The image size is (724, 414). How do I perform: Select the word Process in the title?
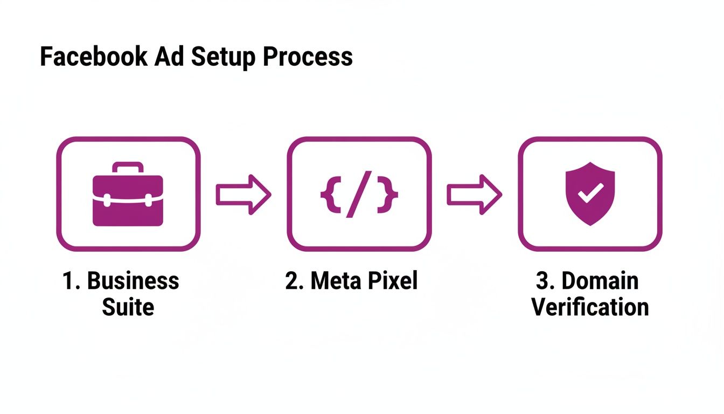[x=308, y=57]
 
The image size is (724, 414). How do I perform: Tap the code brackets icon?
[x=359, y=195]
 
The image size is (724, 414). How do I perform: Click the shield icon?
[x=590, y=194]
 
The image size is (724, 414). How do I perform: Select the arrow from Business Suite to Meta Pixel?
[x=243, y=195]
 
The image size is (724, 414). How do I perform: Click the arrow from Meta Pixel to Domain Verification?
[x=474, y=195]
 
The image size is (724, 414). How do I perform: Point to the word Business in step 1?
[x=133, y=281]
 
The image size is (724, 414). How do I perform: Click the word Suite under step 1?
[x=128, y=308]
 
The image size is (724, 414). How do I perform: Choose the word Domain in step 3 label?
[x=600, y=281]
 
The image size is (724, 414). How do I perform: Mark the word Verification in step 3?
[x=590, y=308]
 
